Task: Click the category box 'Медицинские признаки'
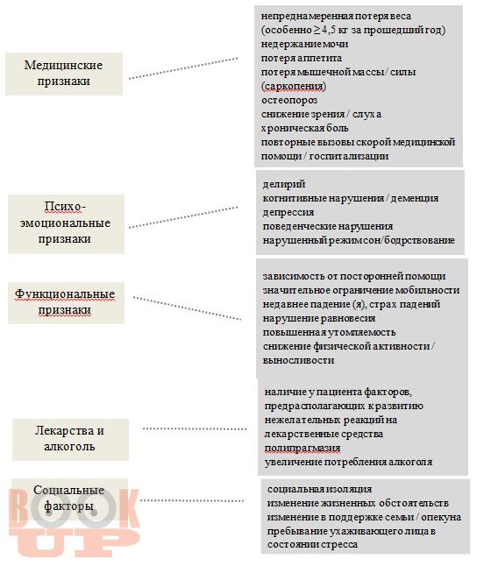coord(64,74)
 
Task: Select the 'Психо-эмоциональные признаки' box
coord(66,223)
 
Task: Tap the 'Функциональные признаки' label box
coord(66,303)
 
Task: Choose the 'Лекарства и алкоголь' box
coord(70,440)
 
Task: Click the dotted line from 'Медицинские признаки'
coord(183,67)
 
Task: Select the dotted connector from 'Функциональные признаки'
coord(187,308)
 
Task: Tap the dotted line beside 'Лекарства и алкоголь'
coord(195,428)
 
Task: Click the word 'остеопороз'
coord(289,101)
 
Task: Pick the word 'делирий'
coord(284,185)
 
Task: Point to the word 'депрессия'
coord(288,213)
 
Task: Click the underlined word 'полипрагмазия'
coord(303,449)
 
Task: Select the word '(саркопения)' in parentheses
coord(294,86)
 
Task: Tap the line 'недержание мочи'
coord(304,44)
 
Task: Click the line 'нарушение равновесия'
coord(319,319)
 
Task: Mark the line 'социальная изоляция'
coord(320,489)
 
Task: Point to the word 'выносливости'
coord(298,361)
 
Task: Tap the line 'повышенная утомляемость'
coord(329,332)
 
